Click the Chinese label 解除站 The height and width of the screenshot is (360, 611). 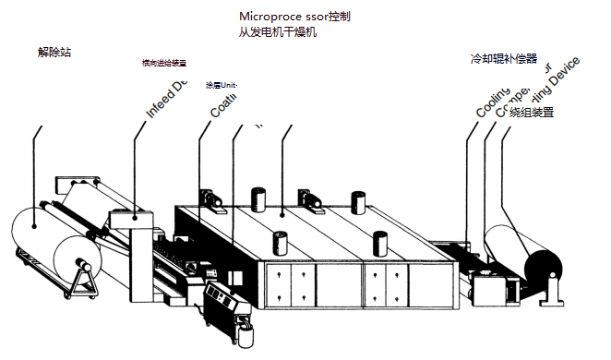pyautogui.click(x=54, y=53)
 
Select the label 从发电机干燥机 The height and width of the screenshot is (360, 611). pyautogui.click(x=277, y=33)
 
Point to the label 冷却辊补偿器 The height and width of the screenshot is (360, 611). pyautogui.click(x=503, y=59)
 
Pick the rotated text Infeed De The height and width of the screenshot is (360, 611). pyautogui.click(x=167, y=100)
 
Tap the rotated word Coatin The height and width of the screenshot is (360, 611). pyautogui.click(x=224, y=104)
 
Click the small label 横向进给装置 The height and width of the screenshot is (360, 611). pyautogui.click(x=163, y=64)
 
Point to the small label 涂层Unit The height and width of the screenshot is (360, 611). pyautogui.click(x=222, y=86)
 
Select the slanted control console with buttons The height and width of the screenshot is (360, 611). pyautogui.click(x=221, y=300)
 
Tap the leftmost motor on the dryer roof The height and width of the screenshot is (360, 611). pyautogui.click(x=212, y=198)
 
